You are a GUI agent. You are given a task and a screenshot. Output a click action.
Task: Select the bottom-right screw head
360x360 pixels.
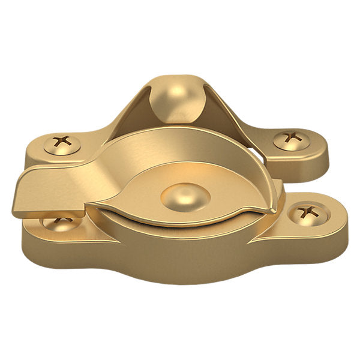[309, 212]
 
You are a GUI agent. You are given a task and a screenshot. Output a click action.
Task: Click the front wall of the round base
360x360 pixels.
[180, 258]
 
